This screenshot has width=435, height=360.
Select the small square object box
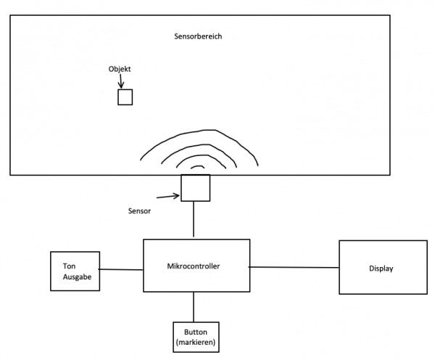tap(125, 97)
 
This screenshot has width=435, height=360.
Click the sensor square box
tap(195, 188)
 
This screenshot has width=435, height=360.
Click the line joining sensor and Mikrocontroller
tap(194, 219)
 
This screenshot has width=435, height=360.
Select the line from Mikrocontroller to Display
tap(294, 267)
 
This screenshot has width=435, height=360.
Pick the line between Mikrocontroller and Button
tap(194, 307)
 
